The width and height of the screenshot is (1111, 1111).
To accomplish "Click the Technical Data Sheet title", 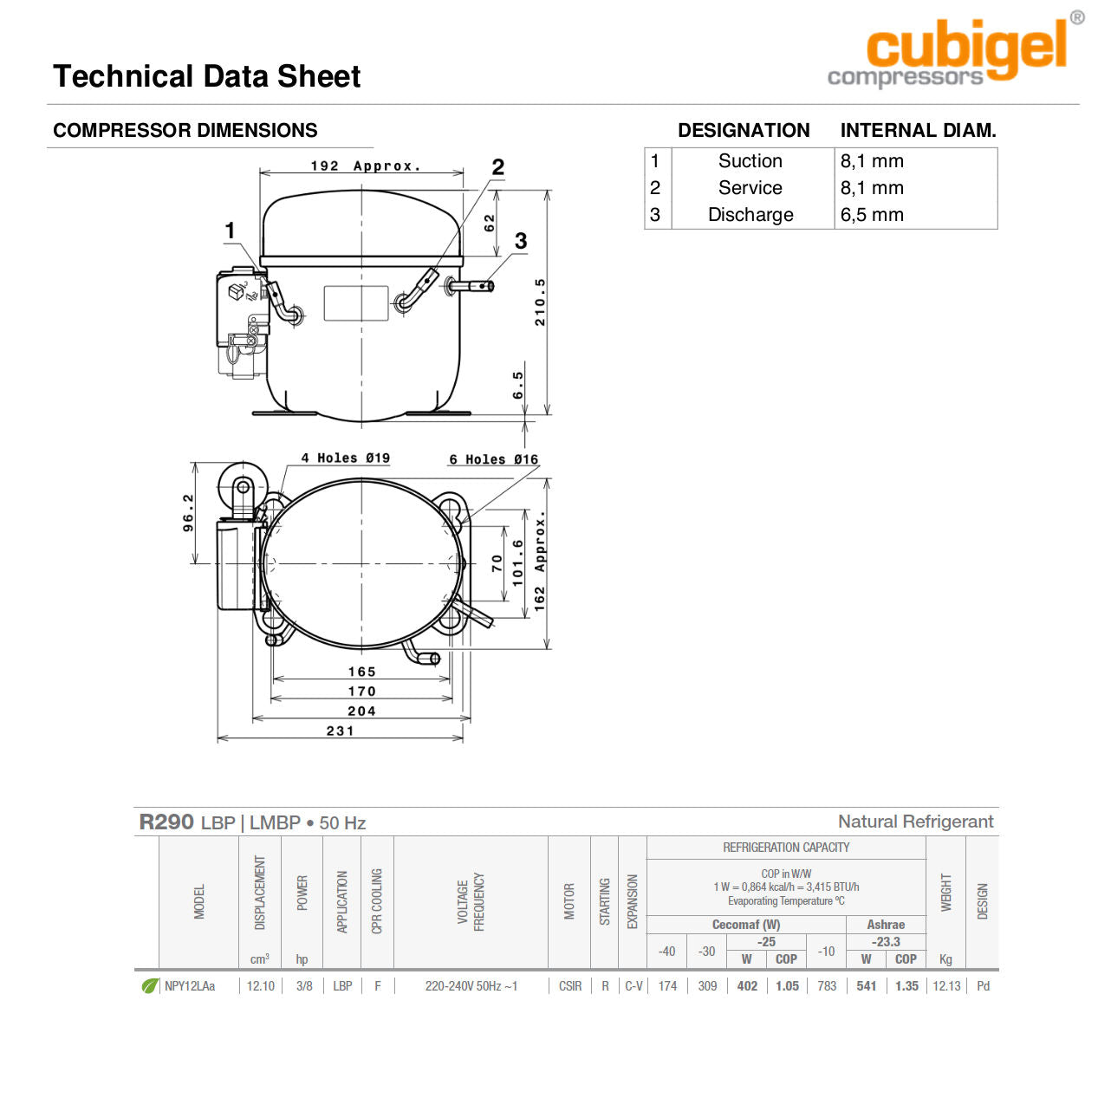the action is pos(206,76).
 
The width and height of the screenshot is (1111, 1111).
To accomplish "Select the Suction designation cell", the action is pos(750,161).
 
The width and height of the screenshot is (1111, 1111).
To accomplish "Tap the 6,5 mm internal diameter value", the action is pos(872,214).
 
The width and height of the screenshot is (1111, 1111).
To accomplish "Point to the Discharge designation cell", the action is pos(750,214).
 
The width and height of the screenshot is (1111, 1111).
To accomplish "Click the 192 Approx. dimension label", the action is pos(366,166).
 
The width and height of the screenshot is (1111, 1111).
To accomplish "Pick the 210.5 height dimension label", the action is pos(540,302).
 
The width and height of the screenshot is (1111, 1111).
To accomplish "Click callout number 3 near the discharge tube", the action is pos(520,241).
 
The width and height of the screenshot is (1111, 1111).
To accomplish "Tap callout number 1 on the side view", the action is pos(230,231).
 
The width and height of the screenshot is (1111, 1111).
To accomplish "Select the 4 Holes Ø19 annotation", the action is pos(346,458).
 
